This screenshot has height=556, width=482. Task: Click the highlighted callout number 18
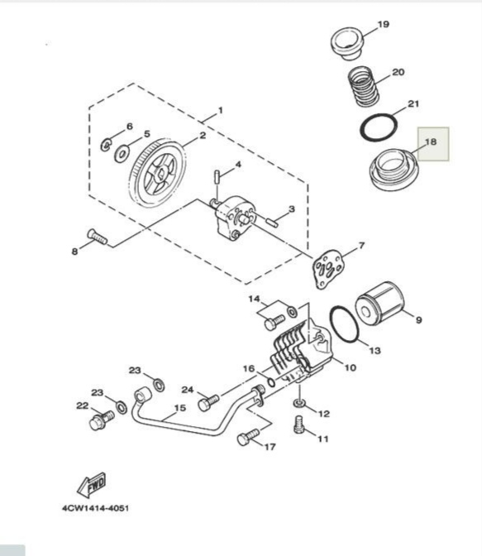(431, 141)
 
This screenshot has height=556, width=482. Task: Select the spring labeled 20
(363, 86)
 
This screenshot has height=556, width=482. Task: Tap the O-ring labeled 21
(378, 127)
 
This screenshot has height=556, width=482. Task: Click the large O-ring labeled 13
(345, 324)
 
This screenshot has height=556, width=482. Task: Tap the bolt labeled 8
(97, 237)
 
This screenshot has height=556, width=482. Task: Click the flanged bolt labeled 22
(102, 419)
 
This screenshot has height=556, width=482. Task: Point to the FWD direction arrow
(91, 485)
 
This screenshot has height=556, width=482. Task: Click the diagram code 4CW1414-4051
(96, 508)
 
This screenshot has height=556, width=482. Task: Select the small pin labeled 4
(216, 176)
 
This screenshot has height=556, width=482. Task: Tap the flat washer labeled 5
(122, 155)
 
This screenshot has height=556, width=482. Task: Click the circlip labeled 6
(106, 144)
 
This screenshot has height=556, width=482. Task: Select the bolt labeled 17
(248, 437)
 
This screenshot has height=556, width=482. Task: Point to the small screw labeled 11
(299, 424)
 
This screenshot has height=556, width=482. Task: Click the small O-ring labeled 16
(271, 382)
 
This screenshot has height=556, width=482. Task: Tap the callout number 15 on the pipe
(180, 408)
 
